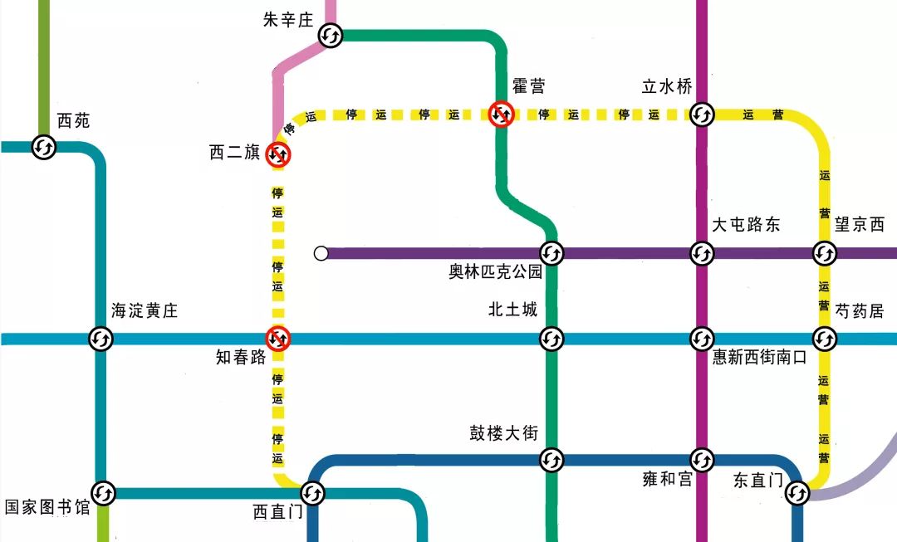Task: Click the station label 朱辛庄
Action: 287,20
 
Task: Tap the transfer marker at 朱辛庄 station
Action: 331,36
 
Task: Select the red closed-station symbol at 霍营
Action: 502,114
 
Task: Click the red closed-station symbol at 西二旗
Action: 278,154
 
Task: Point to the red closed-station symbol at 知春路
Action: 278,339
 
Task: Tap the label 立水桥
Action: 666,86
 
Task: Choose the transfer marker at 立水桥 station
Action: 702,114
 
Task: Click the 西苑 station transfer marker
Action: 44,148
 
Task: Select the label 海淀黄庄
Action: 145,311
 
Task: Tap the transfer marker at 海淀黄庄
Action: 101,339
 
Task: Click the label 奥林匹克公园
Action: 495,272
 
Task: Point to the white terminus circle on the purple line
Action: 321,253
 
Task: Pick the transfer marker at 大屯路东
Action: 702,252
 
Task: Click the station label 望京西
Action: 860,224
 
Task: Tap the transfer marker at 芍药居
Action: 824,339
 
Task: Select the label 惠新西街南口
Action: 759,358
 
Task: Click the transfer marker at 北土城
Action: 552,339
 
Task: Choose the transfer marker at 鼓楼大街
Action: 552,459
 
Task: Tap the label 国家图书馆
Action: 47,507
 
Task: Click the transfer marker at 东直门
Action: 797,493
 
